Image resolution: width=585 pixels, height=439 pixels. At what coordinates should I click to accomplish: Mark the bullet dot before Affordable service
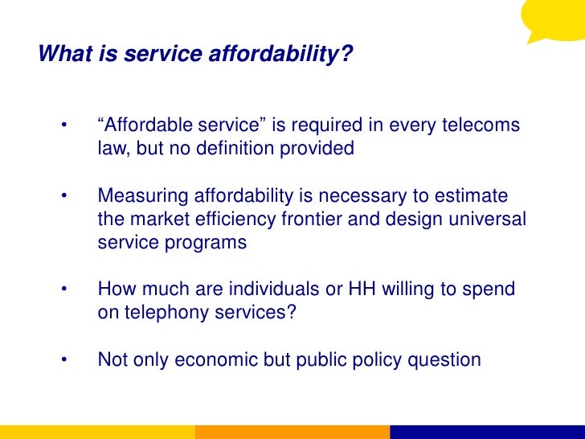(x=63, y=127)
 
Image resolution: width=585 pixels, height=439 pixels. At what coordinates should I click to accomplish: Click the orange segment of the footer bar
(x=292, y=433)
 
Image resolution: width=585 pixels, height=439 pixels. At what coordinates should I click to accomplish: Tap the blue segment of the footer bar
(x=487, y=433)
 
